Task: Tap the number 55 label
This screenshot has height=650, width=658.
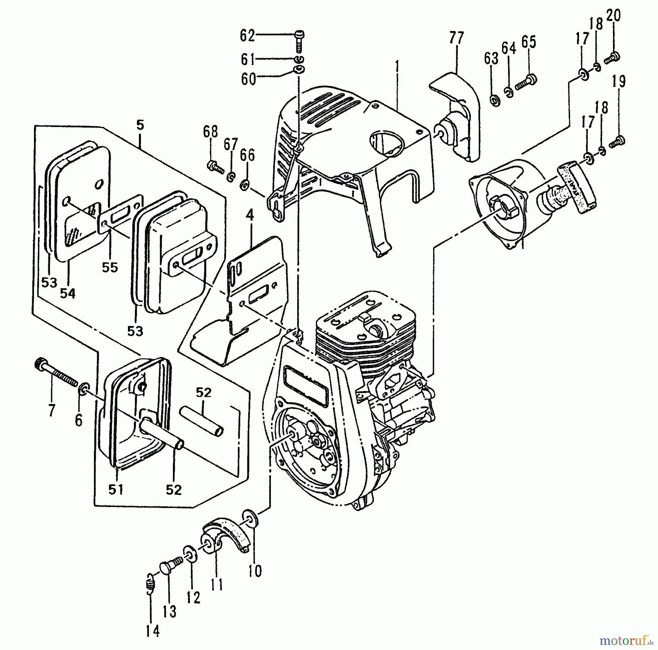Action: (110, 267)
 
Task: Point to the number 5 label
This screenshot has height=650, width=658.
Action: (140, 126)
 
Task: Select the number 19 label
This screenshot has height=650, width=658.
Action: (619, 82)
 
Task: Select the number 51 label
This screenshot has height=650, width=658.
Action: (116, 489)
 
